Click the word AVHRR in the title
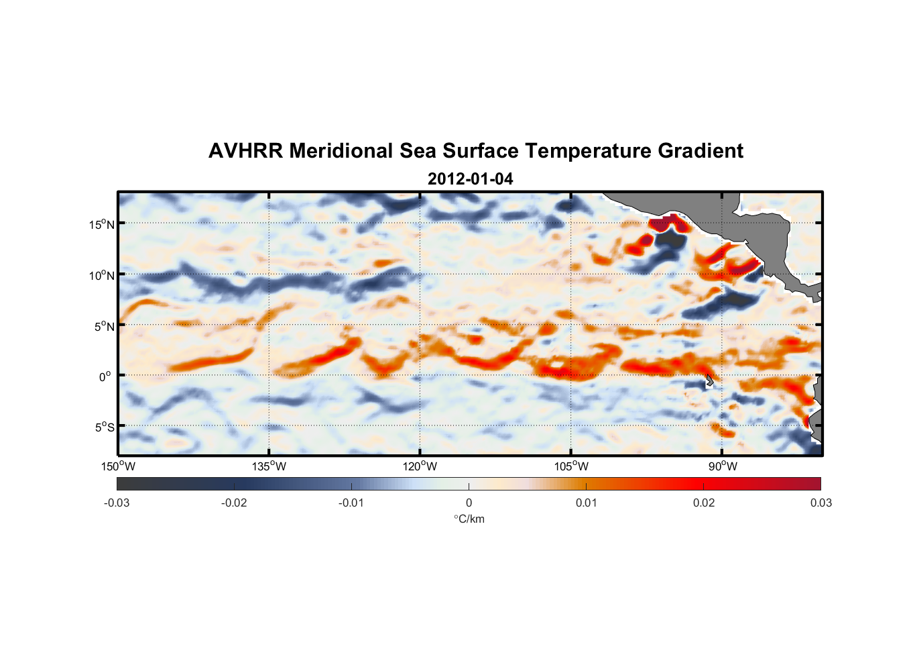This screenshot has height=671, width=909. [245, 151]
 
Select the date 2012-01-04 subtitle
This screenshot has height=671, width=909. [470, 179]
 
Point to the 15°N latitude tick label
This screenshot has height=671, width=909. [102, 224]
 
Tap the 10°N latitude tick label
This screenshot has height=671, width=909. [102, 275]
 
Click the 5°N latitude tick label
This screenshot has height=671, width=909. [105, 326]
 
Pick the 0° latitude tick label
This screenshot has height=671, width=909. [105, 376]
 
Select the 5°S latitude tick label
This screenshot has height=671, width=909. [105, 427]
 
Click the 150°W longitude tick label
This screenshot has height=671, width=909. [118, 466]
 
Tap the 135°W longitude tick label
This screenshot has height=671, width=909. [269, 466]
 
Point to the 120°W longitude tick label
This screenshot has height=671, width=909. [420, 466]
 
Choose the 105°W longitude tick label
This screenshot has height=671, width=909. [571, 466]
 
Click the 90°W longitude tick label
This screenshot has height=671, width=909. [723, 466]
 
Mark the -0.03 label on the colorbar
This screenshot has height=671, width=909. [117, 503]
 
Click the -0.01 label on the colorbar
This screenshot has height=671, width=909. [351, 503]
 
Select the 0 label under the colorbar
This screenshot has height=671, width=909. [469, 503]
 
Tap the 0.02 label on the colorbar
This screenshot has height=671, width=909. [703, 503]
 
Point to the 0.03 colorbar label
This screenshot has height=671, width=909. [821, 503]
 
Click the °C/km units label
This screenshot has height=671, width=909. [469, 519]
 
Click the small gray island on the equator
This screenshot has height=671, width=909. [709, 381]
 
